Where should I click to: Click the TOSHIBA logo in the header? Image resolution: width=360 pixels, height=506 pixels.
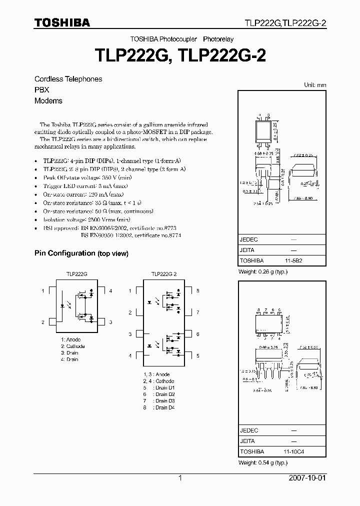[x=62, y=22]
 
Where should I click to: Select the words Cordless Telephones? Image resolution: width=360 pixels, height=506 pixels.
[x=68, y=79]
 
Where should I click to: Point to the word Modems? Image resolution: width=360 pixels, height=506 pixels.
[x=48, y=100]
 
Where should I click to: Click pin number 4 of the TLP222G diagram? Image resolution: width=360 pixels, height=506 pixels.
[x=110, y=291]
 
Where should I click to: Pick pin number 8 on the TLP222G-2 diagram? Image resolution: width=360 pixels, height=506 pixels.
[x=197, y=290]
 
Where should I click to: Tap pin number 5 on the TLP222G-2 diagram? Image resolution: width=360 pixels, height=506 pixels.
[x=197, y=355]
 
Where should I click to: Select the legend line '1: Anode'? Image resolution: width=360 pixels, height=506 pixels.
[x=70, y=340]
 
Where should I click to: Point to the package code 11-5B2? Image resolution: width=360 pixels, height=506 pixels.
[x=293, y=261]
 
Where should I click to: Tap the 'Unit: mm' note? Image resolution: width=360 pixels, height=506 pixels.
[x=315, y=85]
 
